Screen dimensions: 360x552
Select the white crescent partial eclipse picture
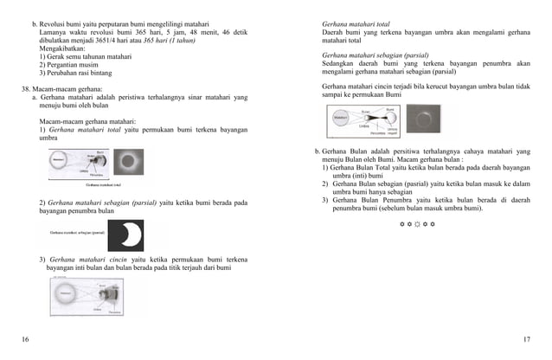tap(125, 235)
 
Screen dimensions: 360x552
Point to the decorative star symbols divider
tap(417, 224)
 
